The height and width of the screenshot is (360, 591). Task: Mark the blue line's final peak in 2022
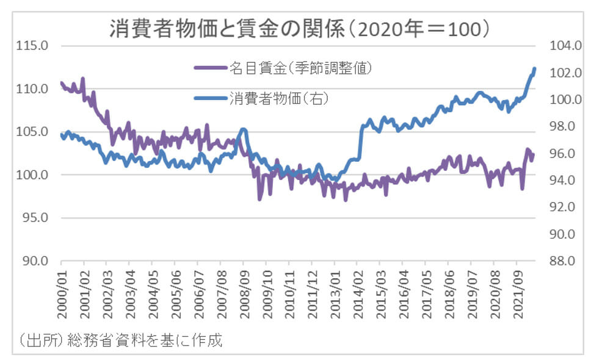534,68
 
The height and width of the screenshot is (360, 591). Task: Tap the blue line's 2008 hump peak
244,129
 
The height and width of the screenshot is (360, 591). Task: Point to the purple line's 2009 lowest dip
259,199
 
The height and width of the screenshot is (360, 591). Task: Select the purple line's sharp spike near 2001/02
82,78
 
